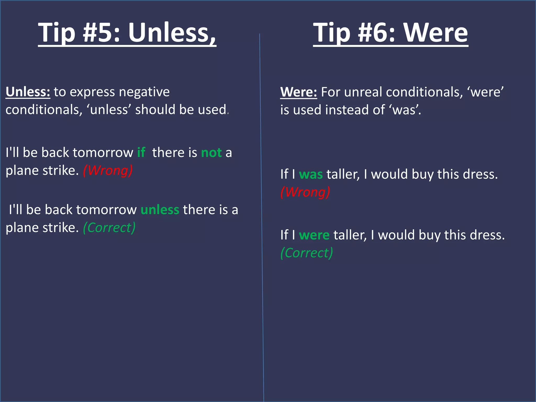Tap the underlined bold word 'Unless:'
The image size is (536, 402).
click(28, 92)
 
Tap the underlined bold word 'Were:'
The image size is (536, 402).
click(299, 92)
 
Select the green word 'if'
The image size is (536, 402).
click(141, 152)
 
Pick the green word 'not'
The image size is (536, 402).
click(211, 153)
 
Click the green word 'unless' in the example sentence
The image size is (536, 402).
click(160, 210)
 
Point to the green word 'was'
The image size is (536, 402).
click(311, 174)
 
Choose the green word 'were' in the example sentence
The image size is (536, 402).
click(314, 235)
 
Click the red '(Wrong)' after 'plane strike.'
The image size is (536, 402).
click(108, 170)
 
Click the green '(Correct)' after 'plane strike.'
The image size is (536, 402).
click(109, 227)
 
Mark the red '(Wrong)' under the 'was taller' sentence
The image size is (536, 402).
click(305, 192)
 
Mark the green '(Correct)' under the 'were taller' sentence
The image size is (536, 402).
click(307, 253)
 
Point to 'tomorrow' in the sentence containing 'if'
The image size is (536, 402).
click(103, 153)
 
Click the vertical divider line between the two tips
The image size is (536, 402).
click(261, 209)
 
